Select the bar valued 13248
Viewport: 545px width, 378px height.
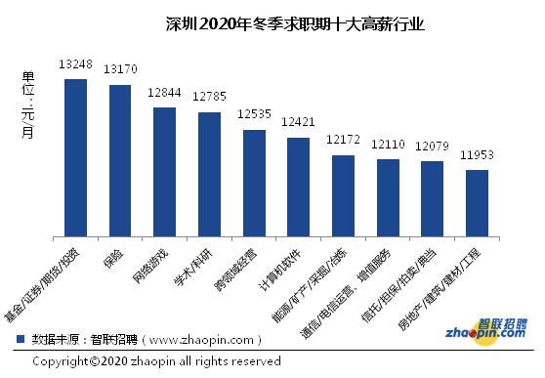(76, 157)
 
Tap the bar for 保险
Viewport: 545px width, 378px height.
(120, 160)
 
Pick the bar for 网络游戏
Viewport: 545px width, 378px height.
(165, 172)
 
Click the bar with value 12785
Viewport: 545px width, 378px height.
(209, 174)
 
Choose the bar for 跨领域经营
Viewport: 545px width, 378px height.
(254, 183)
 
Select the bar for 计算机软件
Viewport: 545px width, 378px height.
(298, 187)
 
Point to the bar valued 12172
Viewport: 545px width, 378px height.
(343, 195)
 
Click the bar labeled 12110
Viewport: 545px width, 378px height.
(388, 197)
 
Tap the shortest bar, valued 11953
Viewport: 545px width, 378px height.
(477, 203)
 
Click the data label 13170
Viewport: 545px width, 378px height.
(121, 69)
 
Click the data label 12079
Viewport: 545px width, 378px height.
(432, 147)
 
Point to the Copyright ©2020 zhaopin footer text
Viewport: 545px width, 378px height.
(156, 361)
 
